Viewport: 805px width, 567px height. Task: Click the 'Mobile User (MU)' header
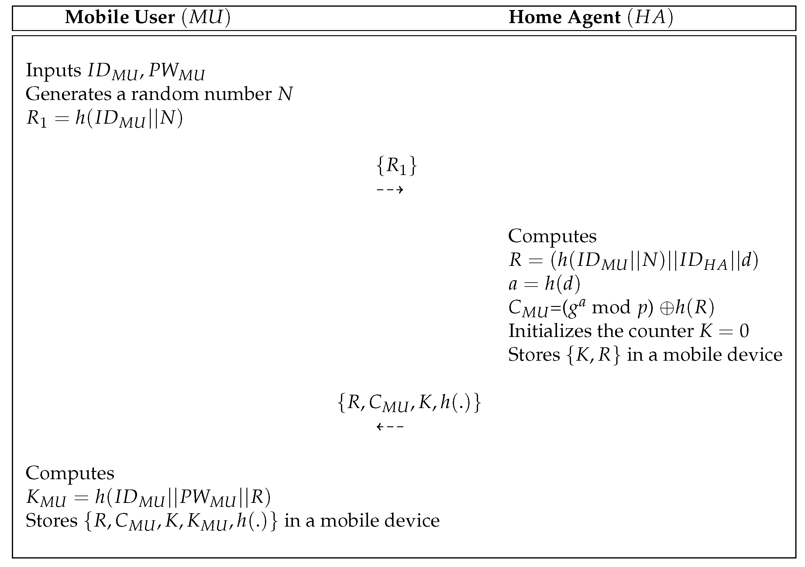click(x=148, y=17)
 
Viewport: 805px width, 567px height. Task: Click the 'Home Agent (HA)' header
click(x=591, y=17)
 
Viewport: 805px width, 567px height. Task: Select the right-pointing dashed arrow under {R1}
click(x=390, y=190)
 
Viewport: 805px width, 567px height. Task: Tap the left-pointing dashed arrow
click(x=390, y=427)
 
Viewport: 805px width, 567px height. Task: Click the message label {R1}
click(x=397, y=166)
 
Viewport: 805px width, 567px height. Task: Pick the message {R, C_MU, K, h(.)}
click(x=409, y=403)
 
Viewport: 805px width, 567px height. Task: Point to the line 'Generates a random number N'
click(x=159, y=94)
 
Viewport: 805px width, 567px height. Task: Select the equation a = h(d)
click(x=544, y=283)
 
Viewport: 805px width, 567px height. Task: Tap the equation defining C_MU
click(x=611, y=308)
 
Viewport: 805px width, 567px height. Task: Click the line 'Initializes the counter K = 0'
click(x=628, y=331)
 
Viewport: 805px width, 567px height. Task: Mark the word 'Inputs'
click(x=53, y=70)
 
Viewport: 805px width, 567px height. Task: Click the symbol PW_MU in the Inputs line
click(x=176, y=71)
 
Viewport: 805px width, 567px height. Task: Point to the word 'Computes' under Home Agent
click(x=552, y=236)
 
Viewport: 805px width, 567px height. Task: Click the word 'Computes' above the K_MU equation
click(x=70, y=473)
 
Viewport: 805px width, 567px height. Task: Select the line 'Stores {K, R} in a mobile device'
click(x=645, y=355)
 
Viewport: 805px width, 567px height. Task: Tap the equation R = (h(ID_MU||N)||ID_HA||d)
click(x=633, y=260)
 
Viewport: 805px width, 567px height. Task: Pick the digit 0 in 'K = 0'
click(x=744, y=331)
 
